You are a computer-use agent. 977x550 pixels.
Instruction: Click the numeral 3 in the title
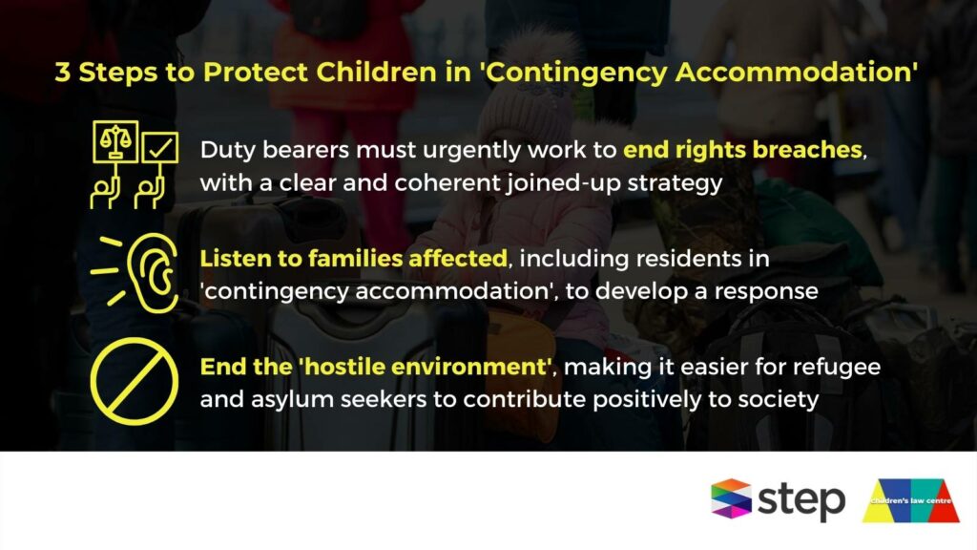pos(62,73)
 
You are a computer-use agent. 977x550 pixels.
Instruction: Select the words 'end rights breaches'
pos(742,150)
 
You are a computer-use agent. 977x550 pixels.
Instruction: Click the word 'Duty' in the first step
pos(227,151)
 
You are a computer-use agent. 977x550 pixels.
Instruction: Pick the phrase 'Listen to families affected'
pos(354,258)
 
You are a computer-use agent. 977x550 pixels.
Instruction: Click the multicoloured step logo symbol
pos(732,498)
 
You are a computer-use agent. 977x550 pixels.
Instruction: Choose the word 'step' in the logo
pos(801,500)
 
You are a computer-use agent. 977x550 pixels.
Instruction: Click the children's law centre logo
pos(911,500)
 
